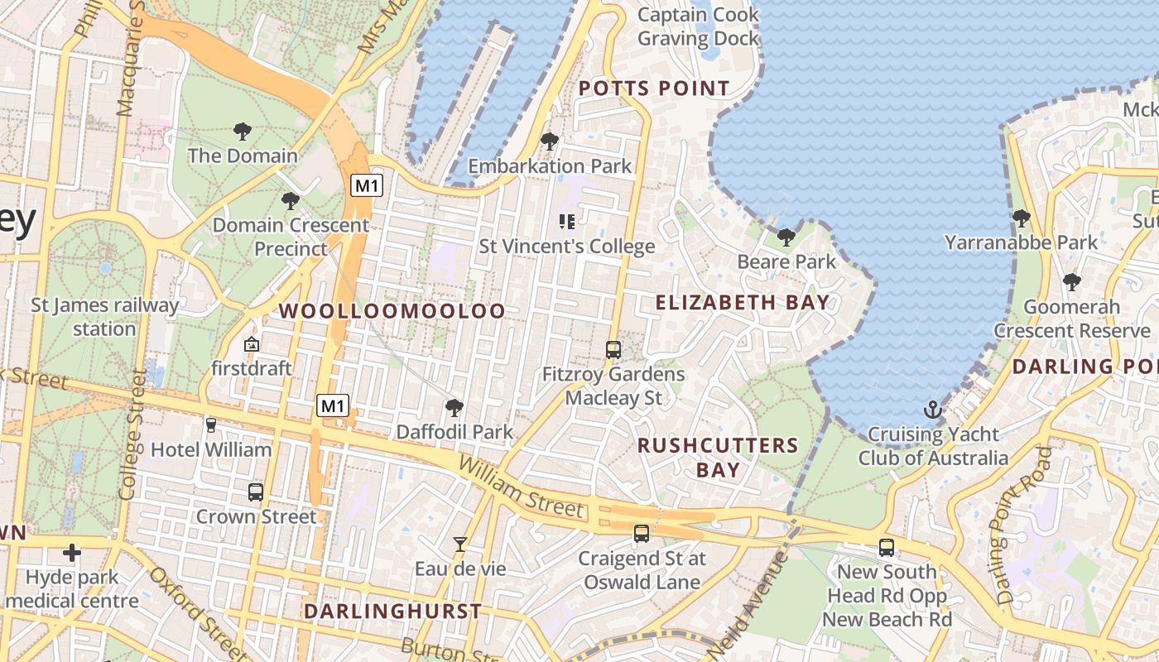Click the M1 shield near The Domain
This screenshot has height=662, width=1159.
(366, 185)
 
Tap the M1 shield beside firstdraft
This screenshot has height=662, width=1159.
(333, 405)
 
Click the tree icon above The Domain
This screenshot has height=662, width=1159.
(242, 131)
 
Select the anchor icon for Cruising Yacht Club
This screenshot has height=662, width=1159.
(933, 410)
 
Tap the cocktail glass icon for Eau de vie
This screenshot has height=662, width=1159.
(459, 544)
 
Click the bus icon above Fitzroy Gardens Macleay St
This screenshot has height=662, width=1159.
(613, 349)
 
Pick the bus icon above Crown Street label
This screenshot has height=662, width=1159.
(256, 492)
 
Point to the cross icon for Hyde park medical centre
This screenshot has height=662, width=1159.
(72, 553)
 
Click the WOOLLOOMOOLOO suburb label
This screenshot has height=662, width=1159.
(392, 311)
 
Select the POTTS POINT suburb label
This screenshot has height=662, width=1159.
(654, 89)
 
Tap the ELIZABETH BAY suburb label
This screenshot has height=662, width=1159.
(742, 303)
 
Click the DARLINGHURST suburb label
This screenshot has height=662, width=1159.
(392, 612)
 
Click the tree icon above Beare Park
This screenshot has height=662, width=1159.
(786, 237)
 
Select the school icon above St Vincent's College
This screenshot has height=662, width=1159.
(567, 222)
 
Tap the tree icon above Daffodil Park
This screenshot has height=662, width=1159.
(454, 407)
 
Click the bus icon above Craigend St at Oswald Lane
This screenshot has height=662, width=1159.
(642, 534)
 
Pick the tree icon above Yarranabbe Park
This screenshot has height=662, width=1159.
(1021, 218)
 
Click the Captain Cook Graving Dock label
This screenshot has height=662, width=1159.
(698, 26)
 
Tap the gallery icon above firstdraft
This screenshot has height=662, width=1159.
(252, 344)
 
